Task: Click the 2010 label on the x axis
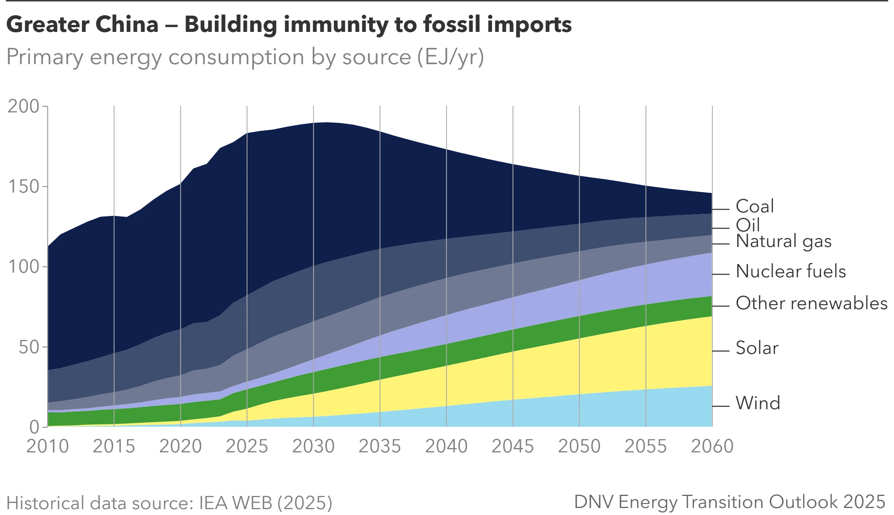pyautogui.click(x=47, y=447)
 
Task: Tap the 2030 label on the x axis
pyautogui.click(x=313, y=447)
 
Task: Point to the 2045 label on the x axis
pyautogui.click(x=513, y=447)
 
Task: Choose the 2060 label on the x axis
pyautogui.click(x=712, y=447)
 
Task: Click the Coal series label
pyautogui.click(x=754, y=207)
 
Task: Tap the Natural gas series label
pyautogui.click(x=783, y=242)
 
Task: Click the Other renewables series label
pyautogui.click(x=811, y=304)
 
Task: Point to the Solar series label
pyautogui.click(x=756, y=347)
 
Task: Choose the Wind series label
pyautogui.click(x=757, y=403)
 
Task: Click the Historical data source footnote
pyautogui.click(x=170, y=503)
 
